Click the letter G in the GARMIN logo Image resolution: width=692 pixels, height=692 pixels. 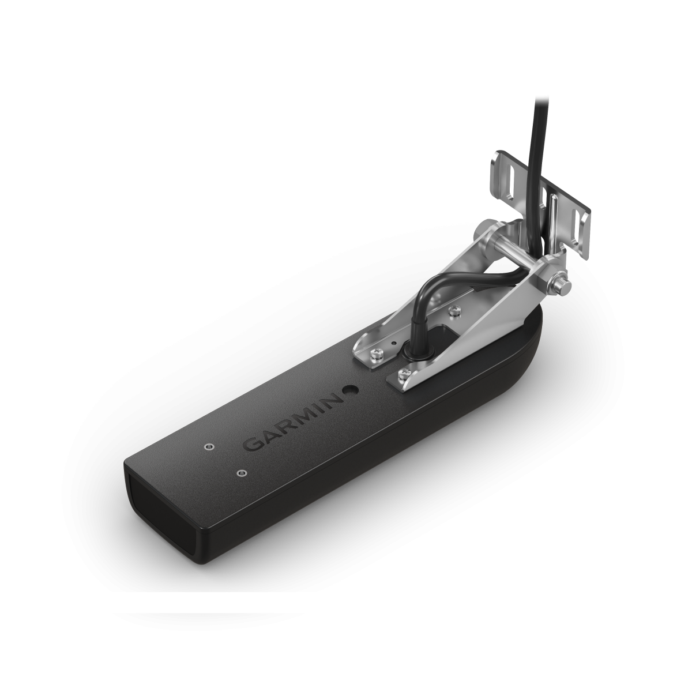252,445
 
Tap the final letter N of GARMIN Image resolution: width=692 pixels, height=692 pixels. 333,399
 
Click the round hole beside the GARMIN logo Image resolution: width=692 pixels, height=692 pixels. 349,390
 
